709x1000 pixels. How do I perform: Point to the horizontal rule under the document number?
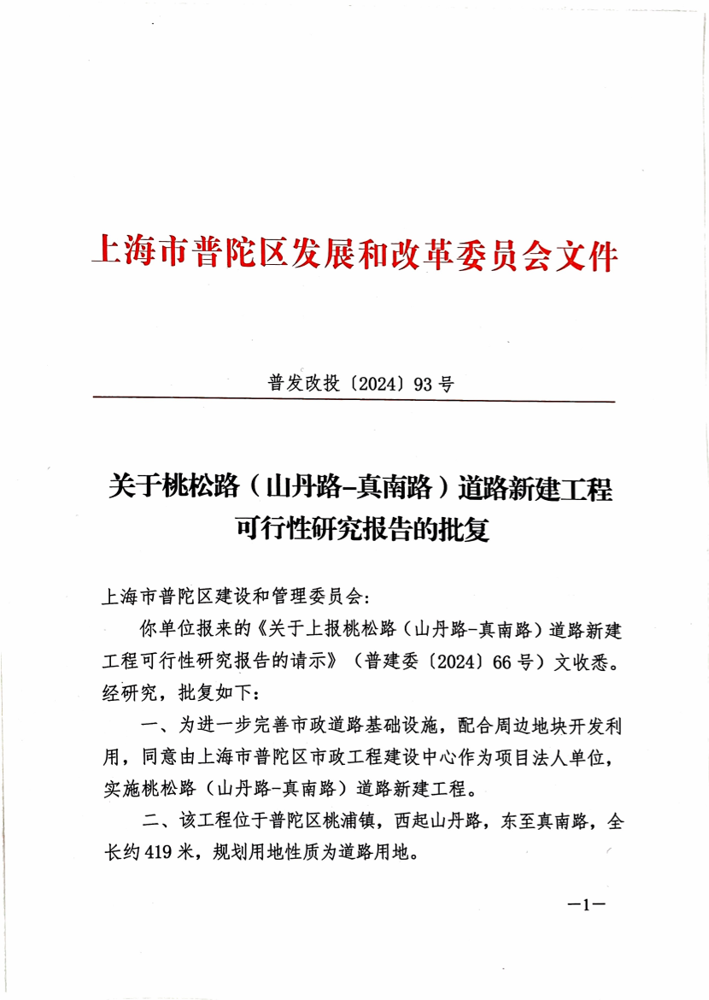click(x=353, y=400)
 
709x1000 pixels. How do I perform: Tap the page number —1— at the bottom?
click(x=585, y=905)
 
